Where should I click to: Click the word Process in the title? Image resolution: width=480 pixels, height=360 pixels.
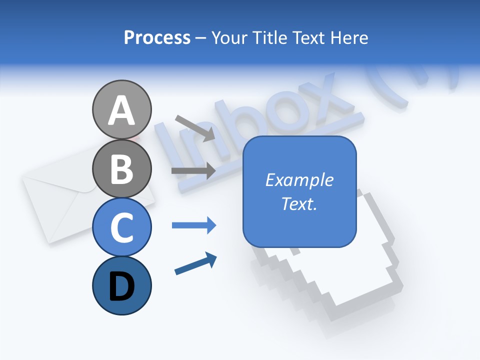tap(157, 38)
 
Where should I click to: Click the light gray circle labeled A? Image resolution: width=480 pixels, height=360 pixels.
tap(122, 109)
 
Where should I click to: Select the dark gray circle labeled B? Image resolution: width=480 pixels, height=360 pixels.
tap(122, 168)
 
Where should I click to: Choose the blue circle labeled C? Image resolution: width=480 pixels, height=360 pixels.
tap(122, 227)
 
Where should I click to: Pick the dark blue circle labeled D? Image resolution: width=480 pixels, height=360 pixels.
tap(122, 285)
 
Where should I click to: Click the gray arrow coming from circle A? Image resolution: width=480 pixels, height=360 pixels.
tap(195, 127)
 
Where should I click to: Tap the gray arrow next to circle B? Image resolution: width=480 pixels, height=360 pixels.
tap(193, 171)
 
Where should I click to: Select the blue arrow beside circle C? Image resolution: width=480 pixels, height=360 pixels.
tap(193, 225)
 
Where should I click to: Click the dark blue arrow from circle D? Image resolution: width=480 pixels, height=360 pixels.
tap(195, 263)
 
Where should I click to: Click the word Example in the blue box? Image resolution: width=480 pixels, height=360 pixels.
tap(299, 180)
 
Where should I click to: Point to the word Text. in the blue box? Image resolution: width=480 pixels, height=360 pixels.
tap(299, 203)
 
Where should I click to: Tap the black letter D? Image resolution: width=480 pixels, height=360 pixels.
tap(122, 287)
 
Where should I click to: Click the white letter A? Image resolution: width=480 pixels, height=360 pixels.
tap(122, 110)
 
